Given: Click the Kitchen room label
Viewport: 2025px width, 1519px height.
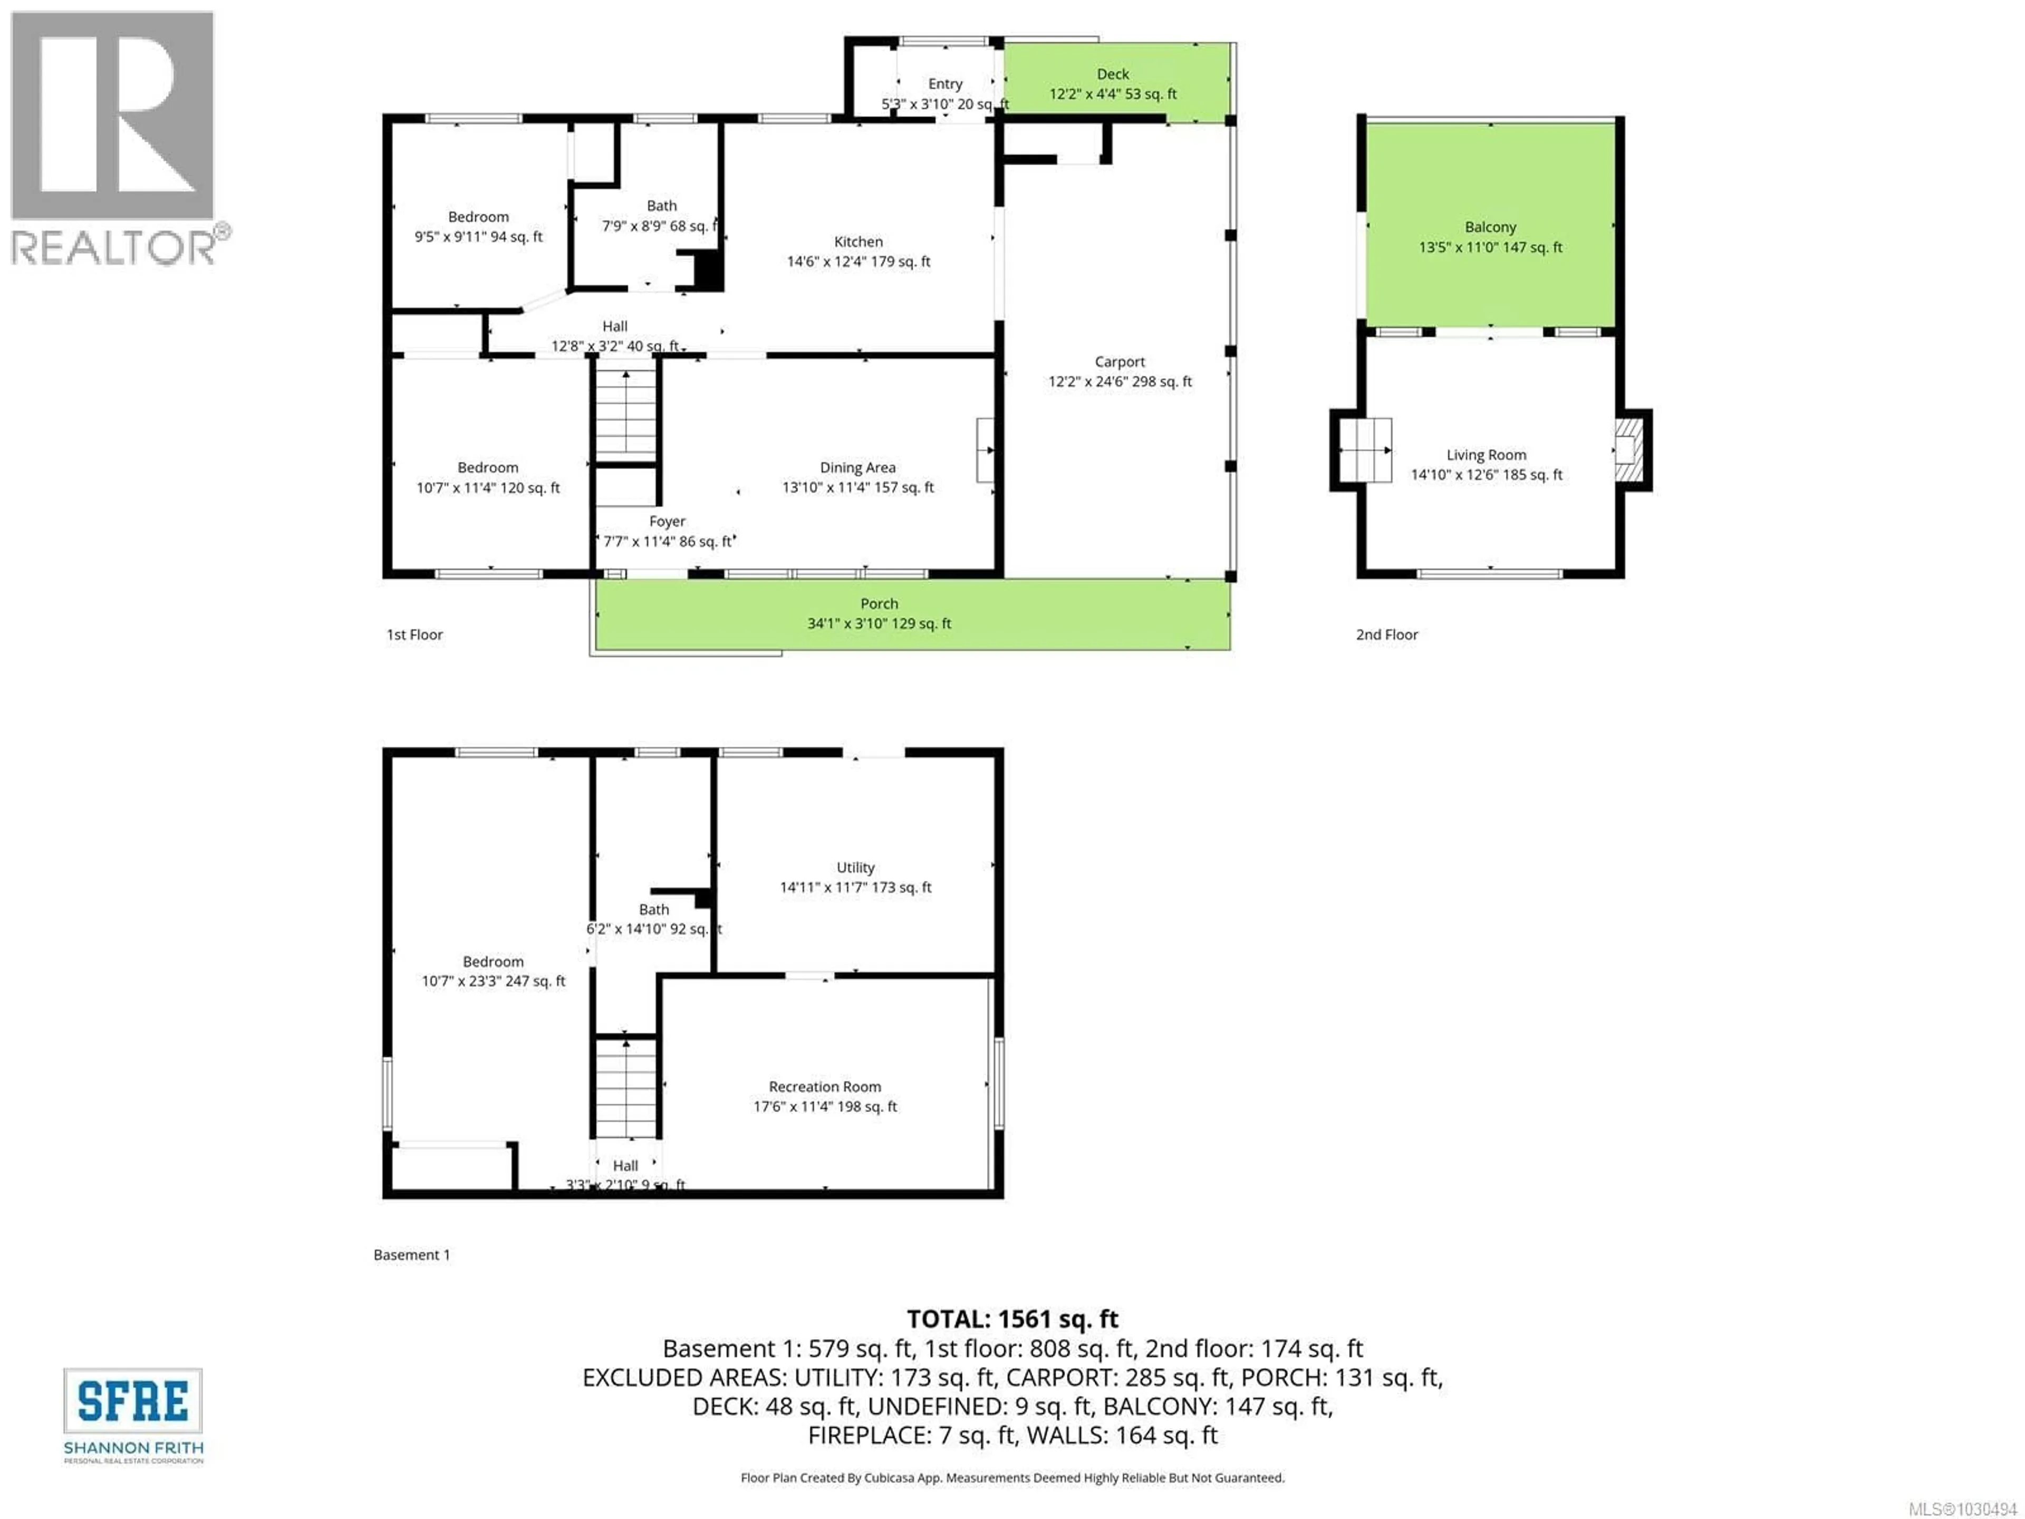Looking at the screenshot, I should pos(858,242).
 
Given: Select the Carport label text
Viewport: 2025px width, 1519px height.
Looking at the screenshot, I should pos(1120,362).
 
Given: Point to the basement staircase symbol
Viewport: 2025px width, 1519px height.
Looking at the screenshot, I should pos(626,1088).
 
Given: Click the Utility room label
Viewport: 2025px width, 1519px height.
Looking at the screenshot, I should pos(855,867).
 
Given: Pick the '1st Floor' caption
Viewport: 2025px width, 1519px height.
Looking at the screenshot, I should pos(414,634).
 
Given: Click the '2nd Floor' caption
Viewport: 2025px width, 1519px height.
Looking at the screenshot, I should pos(1386,634).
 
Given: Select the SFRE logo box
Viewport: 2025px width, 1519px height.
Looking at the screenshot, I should pos(133,1401).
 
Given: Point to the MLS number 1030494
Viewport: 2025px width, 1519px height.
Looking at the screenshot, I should pos(1961,1508).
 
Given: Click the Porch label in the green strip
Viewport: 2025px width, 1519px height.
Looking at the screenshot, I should pos(879,603).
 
